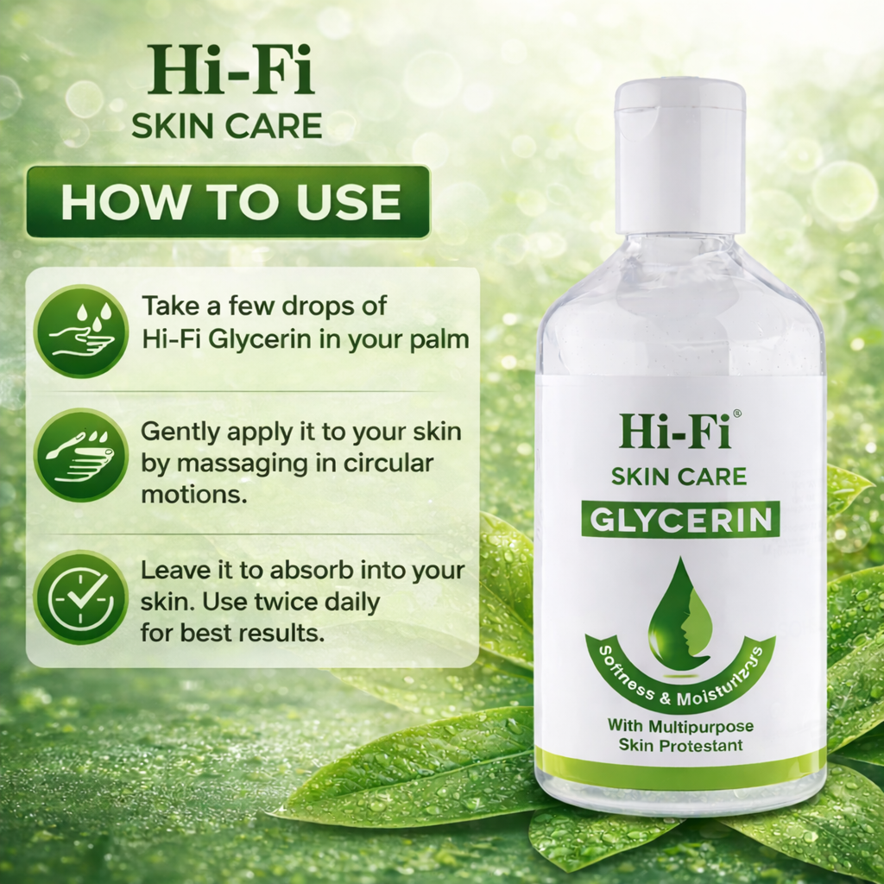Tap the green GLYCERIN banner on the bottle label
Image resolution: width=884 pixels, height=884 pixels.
(680, 519)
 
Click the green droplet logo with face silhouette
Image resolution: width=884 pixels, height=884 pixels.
(681, 614)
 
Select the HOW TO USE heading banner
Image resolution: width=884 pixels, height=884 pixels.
(228, 202)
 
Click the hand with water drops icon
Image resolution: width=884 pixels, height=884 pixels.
(80, 331)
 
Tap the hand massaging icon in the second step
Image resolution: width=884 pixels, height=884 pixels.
(80, 455)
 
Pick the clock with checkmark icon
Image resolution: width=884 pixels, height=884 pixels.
(80, 597)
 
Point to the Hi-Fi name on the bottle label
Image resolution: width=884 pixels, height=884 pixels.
(673, 431)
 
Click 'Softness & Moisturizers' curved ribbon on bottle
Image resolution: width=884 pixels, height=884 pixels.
(680, 666)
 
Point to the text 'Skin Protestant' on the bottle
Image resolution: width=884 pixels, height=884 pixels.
(680, 745)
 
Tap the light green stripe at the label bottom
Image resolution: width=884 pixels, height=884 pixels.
(680, 764)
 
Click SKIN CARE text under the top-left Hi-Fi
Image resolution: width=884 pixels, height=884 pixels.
(226, 125)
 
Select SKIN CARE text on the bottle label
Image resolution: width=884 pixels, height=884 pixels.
(679, 476)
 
